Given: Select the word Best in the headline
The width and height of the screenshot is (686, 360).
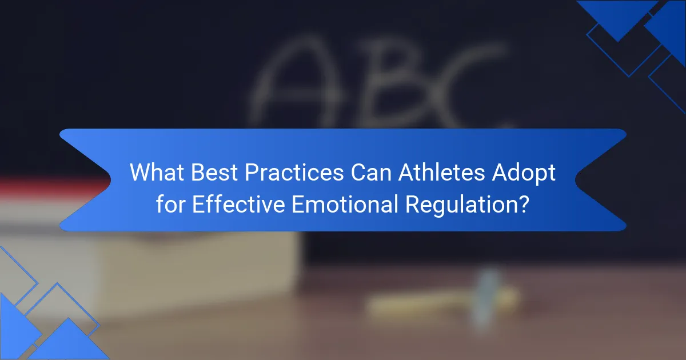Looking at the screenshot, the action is pyautogui.click(x=214, y=172).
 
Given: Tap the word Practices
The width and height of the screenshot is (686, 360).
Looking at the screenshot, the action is pyautogui.click(x=294, y=172).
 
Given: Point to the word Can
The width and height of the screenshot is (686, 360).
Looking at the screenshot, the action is pyautogui.click(x=371, y=172).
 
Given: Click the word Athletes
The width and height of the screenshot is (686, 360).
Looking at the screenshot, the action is pyautogui.click(x=442, y=172).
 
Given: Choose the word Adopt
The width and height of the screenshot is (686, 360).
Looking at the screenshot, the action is pyautogui.click(x=524, y=173).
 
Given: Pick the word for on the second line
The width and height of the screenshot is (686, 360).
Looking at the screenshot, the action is pyautogui.click(x=170, y=204).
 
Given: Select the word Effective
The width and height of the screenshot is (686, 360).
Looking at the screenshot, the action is pyautogui.click(x=238, y=204).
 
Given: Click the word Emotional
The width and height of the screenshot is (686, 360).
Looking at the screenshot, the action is pyautogui.click(x=345, y=204).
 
